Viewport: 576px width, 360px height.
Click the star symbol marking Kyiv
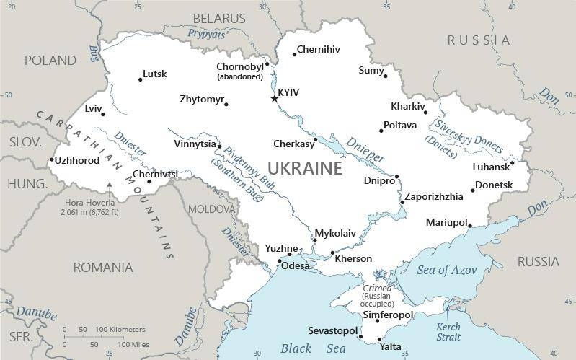(x=274, y=98)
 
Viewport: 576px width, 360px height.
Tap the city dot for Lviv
(x=103, y=113)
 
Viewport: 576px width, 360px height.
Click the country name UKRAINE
(x=304, y=169)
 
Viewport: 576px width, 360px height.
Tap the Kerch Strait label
(x=448, y=331)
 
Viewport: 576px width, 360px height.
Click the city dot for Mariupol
(x=470, y=226)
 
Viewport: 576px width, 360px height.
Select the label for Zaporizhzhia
(x=433, y=196)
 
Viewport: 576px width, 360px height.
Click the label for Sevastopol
(x=332, y=330)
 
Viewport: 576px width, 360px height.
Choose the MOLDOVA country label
(x=211, y=208)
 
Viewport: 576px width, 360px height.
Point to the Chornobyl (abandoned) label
(x=239, y=71)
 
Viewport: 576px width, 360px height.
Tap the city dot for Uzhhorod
(x=52, y=160)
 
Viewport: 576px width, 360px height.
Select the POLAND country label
(x=50, y=60)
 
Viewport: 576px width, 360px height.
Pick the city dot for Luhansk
(x=512, y=162)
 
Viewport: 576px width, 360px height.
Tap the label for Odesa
(x=295, y=265)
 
